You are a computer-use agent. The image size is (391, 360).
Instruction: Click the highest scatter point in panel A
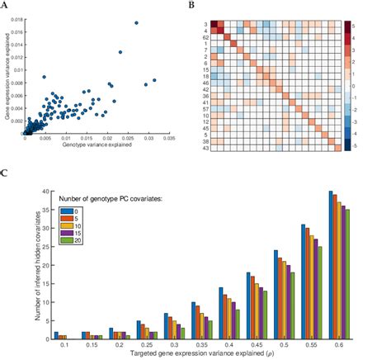click(x=136, y=23)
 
